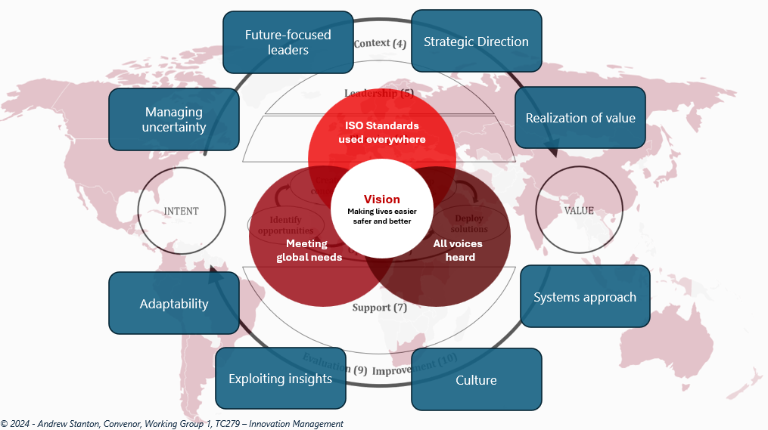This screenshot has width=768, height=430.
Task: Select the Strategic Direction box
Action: (476, 42)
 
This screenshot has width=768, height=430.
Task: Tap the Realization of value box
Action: (580, 118)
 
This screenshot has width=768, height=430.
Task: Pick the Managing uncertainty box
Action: (174, 119)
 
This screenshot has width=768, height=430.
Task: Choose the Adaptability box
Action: (174, 304)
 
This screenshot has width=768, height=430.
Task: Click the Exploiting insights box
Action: (281, 379)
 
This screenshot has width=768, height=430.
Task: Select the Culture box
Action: (476, 379)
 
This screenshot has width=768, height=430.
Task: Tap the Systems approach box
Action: (585, 297)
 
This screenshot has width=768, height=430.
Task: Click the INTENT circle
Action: (182, 211)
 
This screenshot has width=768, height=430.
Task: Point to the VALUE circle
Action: (580, 211)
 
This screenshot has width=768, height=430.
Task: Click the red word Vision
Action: (382, 200)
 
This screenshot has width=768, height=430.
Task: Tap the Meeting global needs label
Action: (309, 250)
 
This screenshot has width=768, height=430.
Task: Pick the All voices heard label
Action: (457, 250)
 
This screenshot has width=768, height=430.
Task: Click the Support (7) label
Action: (380, 308)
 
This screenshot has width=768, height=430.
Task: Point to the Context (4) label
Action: (380, 43)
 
